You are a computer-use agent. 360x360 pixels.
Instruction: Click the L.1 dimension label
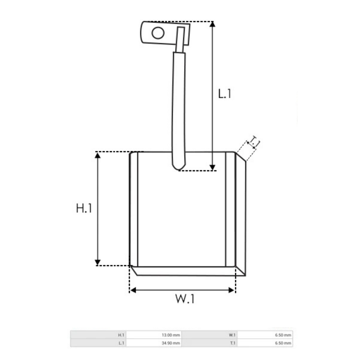pos(224,94)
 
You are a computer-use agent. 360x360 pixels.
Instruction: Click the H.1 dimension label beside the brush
pos(84,208)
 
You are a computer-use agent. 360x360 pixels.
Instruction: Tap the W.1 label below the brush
pos(185,299)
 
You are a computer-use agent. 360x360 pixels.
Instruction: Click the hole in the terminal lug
pos(158,33)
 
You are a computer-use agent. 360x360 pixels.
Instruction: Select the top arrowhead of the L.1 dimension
pos(213,24)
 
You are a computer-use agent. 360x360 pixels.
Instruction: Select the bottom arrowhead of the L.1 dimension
pos(213,167)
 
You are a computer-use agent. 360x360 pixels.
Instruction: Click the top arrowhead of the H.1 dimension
pos(97,155)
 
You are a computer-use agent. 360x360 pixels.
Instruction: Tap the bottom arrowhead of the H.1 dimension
pos(97,263)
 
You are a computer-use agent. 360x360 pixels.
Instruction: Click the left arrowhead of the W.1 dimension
pos(133,290)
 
